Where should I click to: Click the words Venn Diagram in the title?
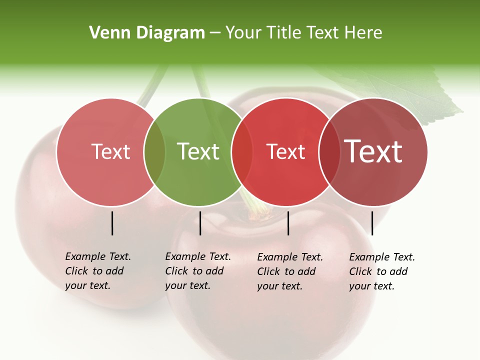tap(147, 33)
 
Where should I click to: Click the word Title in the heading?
tap(283, 33)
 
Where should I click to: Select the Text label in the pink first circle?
tap(110, 151)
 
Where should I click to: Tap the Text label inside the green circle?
tap(198, 151)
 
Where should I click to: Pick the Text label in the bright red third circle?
tap(286, 151)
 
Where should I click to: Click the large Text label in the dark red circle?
tap(373, 151)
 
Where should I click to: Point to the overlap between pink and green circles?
tap(154, 152)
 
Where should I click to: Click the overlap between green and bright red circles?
tap(242, 152)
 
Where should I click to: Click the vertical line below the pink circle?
tap(112, 223)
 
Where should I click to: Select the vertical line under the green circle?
tap(200, 223)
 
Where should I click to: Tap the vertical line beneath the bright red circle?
tap(288, 223)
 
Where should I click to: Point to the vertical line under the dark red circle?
tap(372, 223)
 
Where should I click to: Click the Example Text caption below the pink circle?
tap(97, 271)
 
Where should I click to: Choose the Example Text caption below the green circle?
tap(197, 271)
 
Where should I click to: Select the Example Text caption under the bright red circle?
tap(289, 271)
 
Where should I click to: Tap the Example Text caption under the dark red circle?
tap(381, 271)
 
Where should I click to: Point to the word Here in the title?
tap(364, 33)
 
